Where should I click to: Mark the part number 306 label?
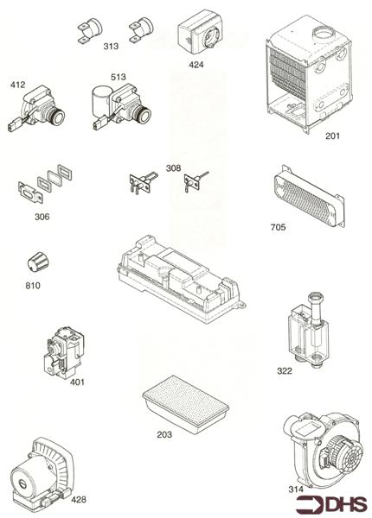coord(41,217)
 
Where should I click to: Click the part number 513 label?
coord(118,78)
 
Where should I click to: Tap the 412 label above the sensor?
coord(18,85)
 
